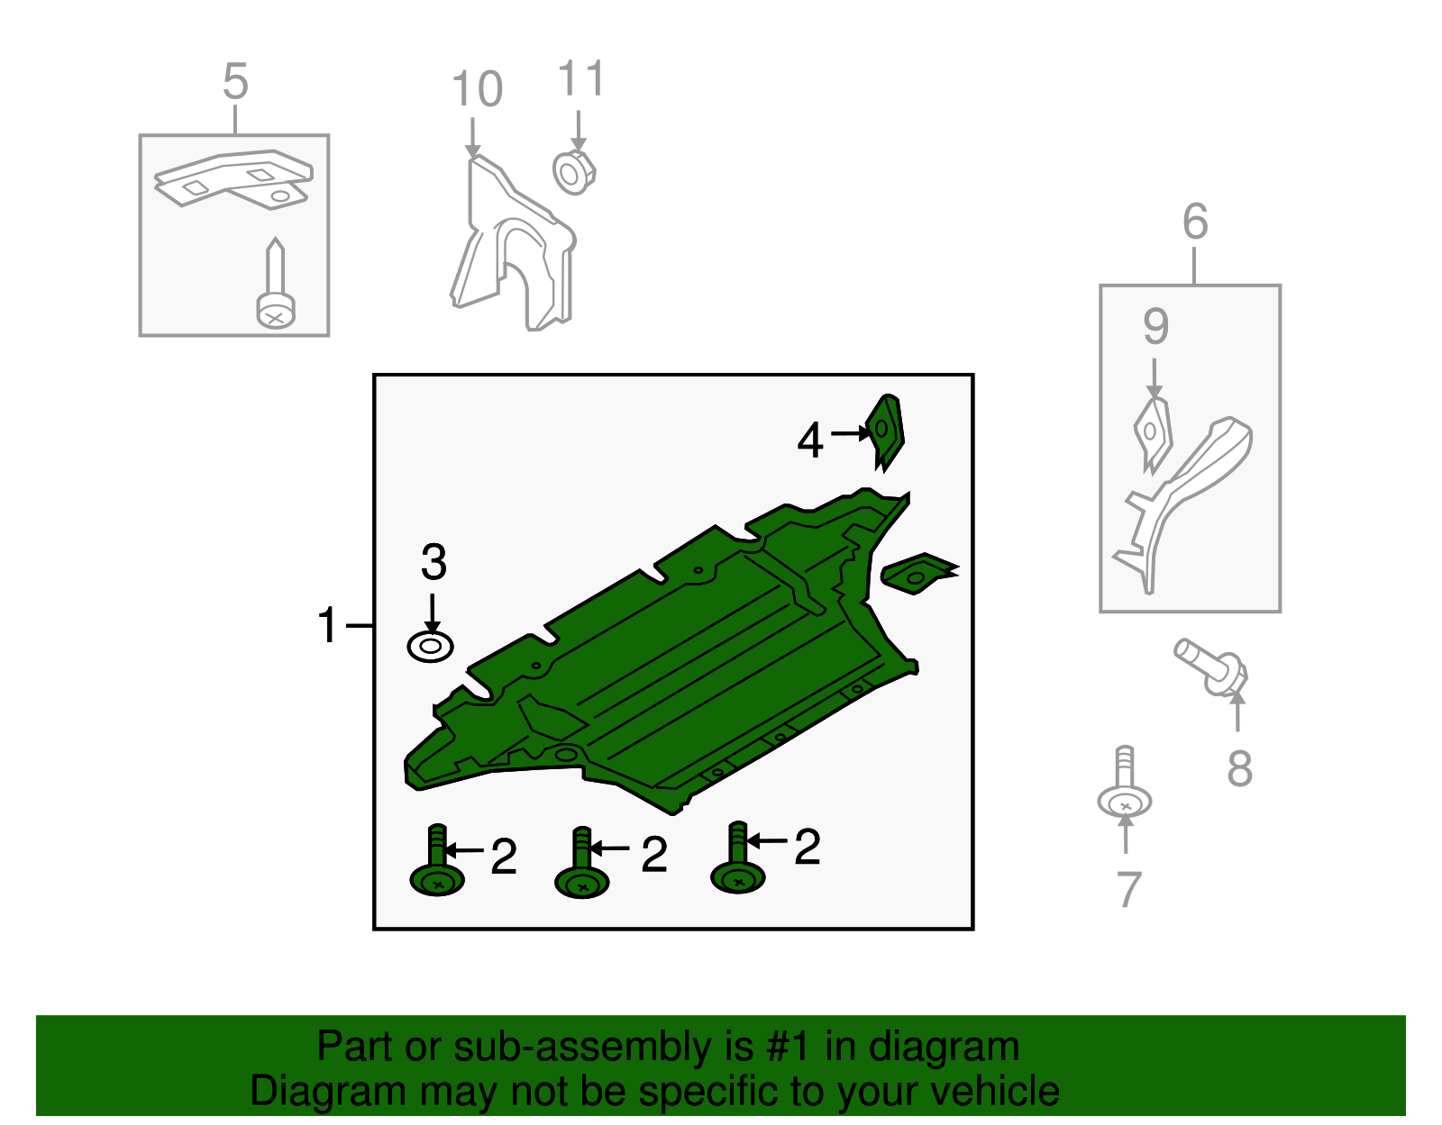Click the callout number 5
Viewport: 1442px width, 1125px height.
pyautogui.click(x=235, y=82)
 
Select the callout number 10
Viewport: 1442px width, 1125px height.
pyautogui.click(x=477, y=89)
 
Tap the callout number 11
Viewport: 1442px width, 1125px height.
pyautogui.click(x=580, y=78)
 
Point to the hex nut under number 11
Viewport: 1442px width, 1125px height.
pyautogui.click(x=574, y=172)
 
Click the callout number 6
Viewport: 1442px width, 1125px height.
pyautogui.click(x=1195, y=222)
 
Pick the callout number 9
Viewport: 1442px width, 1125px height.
pyautogui.click(x=1155, y=326)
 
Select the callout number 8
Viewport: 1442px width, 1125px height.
pyautogui.click(x=1239, y=768)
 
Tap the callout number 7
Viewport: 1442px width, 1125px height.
pyautogui.click(x=1128, y=889)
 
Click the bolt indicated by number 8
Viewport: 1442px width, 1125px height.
pyautogui.click(x=1211, y=667)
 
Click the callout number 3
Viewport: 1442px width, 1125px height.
pyautogui.click(x=434, y=561)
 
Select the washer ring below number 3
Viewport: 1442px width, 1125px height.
pyautogui.click(x=431, y=647)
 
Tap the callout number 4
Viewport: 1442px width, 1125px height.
pyautogui.click(x=810, y=440)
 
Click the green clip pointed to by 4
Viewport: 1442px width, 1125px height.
pyautogui.click(x=886, y=431)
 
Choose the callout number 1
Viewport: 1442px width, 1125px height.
pyautogui.click(x=328, y=625)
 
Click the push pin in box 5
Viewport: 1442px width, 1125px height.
pyautogui.click(x=276, y=284)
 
